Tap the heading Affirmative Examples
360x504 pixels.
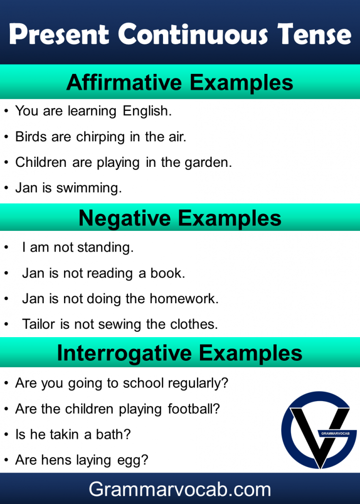click(x=180, y=83)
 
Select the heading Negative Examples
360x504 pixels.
click(x=180, y=218)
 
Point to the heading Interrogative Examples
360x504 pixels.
click(x=180, y=353)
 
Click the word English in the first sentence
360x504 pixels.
click(x=147, y=111)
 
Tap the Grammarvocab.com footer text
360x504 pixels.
click(x=180, y=489)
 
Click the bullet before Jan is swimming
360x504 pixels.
click(x=6, y=188)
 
